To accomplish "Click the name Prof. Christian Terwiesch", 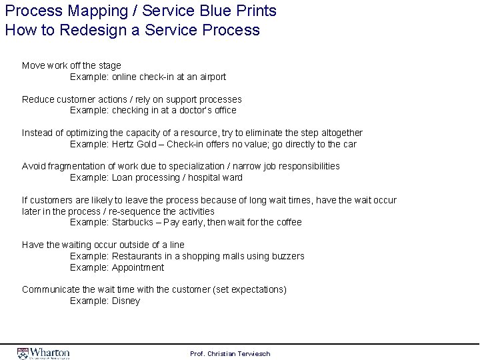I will click(230, 353).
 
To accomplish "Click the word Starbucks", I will click(134, 222).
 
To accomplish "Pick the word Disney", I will click(126, 301).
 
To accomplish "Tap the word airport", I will click(211, 77).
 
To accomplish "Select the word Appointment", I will click(137, 267).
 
